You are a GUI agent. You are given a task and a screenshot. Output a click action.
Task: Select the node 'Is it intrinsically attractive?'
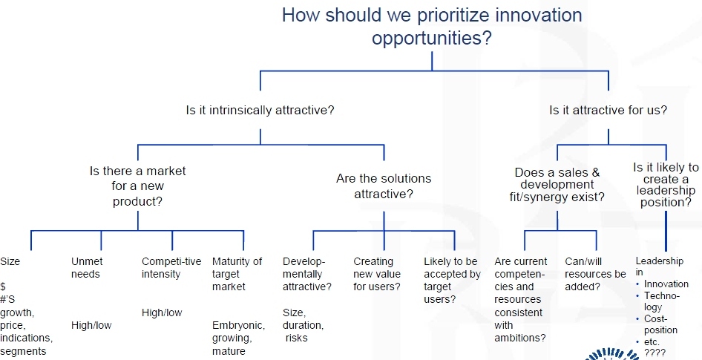[x=260, y=110]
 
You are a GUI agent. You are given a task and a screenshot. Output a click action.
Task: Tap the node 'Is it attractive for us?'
[x=608, y=110]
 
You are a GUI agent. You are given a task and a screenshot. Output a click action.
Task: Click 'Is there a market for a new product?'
[x=137, y=186]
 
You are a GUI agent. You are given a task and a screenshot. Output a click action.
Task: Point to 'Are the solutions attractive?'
[x=384, y=186]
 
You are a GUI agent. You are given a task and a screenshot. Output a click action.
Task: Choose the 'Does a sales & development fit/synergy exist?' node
[x=557, y=185]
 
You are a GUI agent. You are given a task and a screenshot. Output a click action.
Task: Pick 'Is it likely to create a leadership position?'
[x=666, y=185]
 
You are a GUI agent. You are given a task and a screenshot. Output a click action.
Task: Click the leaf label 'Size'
[x=10, y=261]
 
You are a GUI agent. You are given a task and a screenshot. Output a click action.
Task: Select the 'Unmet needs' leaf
[x=86, y=268]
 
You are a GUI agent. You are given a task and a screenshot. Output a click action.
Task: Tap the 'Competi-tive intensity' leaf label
[x=171, y=268]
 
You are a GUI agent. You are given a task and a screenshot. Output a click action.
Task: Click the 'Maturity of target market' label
[x=237, y=274]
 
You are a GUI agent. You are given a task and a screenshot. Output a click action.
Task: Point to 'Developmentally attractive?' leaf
[x=306, y=274]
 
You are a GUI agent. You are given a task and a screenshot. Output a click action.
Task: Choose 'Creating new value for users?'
[x=377, y=274]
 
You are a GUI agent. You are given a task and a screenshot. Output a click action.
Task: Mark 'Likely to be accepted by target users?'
[x=452, y=281]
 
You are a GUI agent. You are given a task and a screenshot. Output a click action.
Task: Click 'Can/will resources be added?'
[x=595, y=274]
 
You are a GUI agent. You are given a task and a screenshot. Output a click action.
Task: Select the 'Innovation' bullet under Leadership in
[x=666, y=284]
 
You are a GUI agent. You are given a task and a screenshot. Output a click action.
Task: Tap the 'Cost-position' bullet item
[x=660, y=324]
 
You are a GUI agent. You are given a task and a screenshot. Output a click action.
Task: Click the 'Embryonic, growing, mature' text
[x=238, y=338]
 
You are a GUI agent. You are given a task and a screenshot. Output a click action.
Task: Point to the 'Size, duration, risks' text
[x=303, y=325]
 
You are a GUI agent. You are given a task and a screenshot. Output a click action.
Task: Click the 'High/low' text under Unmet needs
[x=91, y=326]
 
